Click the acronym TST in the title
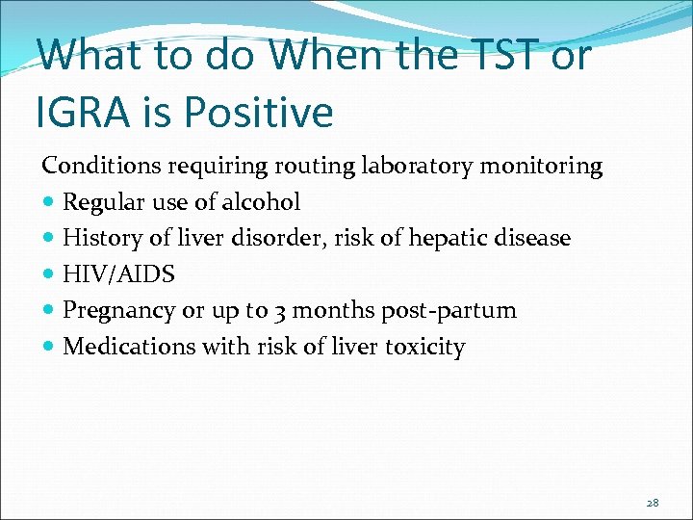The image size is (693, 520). [499, 55]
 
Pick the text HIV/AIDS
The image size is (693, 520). [118, 274]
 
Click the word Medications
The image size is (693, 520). [121, 347]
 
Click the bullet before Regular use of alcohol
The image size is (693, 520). [49, 203]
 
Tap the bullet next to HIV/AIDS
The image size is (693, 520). [49, 275]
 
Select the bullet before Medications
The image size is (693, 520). [49, 348]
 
